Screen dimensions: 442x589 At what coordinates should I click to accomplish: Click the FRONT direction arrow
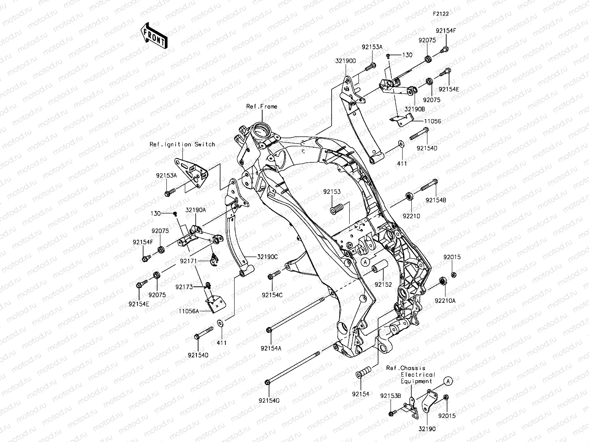point(154,36)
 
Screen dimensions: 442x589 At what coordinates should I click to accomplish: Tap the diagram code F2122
point(440,14)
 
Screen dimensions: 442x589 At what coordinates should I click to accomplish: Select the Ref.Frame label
point(261,107)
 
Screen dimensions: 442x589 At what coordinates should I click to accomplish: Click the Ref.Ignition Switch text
point(182,144)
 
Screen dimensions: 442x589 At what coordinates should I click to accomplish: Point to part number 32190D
point(346,61)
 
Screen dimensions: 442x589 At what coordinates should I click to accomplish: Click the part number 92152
point(383,284)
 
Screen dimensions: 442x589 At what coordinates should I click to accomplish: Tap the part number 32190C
point(267,257)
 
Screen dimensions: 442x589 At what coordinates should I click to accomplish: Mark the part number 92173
point(184,287)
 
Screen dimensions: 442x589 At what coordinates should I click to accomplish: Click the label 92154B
point(436,200)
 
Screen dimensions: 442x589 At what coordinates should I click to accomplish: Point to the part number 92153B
point(391,396)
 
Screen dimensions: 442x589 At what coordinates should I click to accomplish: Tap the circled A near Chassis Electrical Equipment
point(448,381)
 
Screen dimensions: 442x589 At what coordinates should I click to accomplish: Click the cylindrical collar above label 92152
point(380,267)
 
